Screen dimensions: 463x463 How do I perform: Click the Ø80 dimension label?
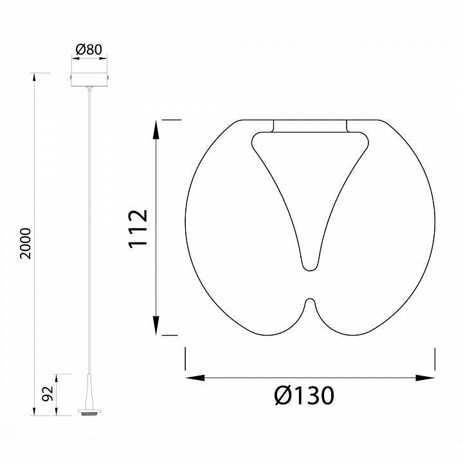point(89,50)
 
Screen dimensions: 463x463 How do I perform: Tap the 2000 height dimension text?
point(25,244)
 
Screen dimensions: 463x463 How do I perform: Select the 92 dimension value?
point(48,394)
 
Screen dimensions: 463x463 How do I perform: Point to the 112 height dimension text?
point(138,229)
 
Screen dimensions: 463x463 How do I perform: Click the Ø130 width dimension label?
point(304,395)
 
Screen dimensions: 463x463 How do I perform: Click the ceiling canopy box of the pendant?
point(89,80)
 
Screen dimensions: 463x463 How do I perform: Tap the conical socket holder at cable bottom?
point(89,392)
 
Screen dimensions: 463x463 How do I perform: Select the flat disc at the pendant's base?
point(89,412)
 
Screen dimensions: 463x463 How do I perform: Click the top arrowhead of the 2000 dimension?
point(34,77)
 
